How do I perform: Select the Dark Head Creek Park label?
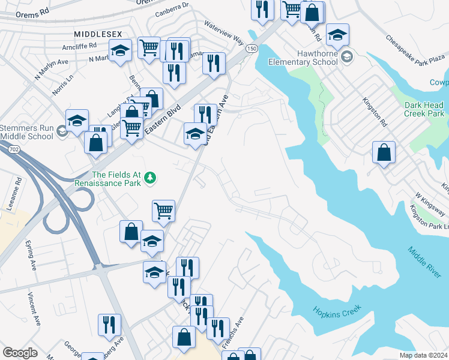tap(424, 109)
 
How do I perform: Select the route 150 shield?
tap(252, 48)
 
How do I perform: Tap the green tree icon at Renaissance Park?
tap(150, 177)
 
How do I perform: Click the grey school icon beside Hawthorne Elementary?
tap(346, 58)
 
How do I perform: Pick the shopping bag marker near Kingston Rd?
tap(384, 153)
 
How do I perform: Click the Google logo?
tap(20, 353)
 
